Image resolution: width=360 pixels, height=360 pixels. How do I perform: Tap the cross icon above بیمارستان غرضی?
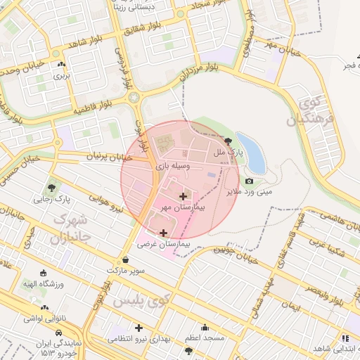(164, 232)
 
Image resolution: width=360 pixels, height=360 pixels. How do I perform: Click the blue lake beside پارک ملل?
(252, 151)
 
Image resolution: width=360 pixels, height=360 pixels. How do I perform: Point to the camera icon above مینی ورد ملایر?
(249, 181)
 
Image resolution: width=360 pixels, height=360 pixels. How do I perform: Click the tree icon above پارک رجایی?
(51, 188)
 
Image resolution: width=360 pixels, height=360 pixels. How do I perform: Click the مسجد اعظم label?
(205, 338)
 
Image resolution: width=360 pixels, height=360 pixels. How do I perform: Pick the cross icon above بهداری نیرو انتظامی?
(139, 328)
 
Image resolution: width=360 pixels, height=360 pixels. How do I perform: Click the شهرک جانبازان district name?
(70, 226)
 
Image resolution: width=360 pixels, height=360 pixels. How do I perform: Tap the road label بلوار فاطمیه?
(94, 110)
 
